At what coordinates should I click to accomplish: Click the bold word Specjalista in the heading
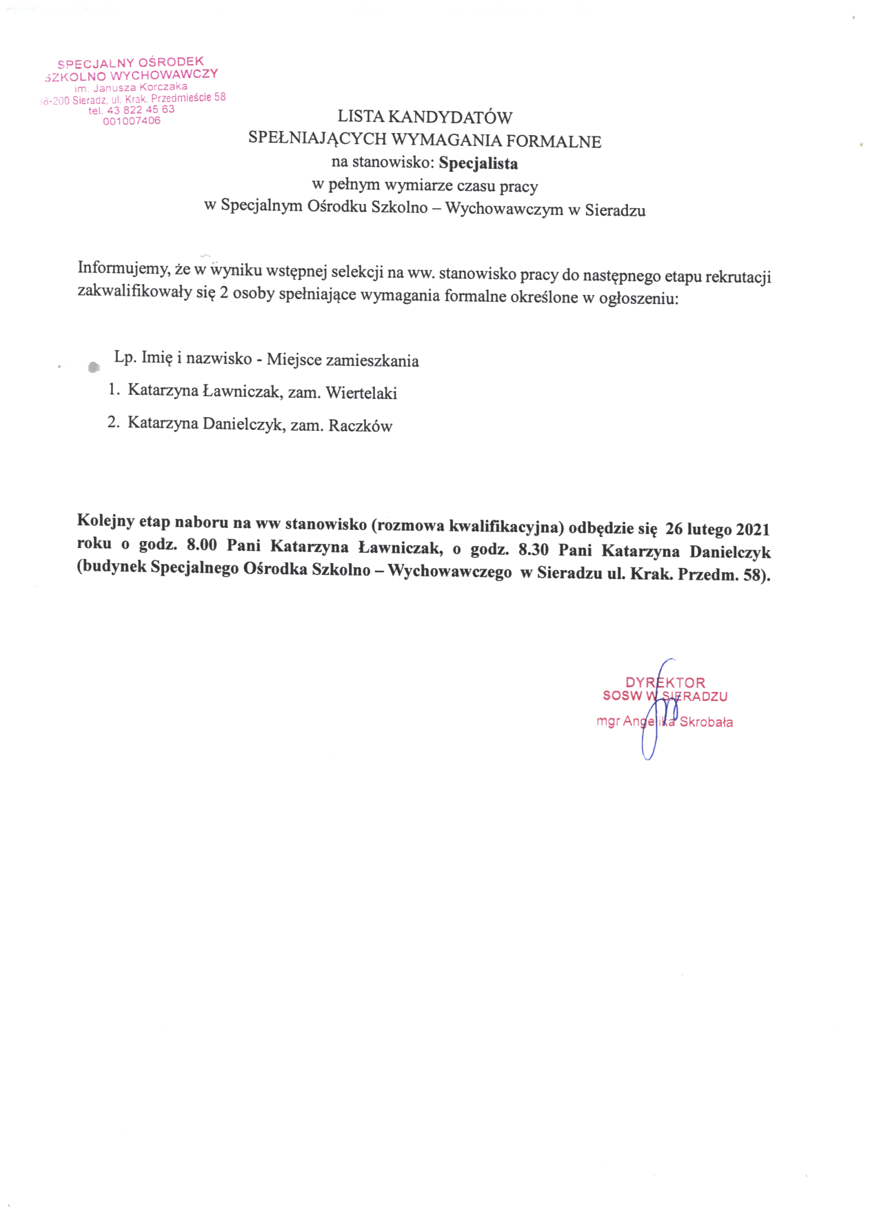point(478,163)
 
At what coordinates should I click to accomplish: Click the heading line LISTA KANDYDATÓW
point(425,117)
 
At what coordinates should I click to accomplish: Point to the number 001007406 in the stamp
point(131,121)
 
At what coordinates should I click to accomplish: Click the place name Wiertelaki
point(361,393)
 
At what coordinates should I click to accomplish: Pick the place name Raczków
point(360,425)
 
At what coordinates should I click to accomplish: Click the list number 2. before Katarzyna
point(114,422)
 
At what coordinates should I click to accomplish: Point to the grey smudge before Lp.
point(94,367)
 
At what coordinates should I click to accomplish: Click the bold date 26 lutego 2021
point(717,529)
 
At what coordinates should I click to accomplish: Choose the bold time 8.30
point(533,550)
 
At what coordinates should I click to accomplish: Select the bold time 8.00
point(202,545)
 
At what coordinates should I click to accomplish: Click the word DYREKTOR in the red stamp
point(665,682)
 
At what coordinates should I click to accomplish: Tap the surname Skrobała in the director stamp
point(706,722)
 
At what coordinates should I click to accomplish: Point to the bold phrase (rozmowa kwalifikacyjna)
point(467,526)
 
